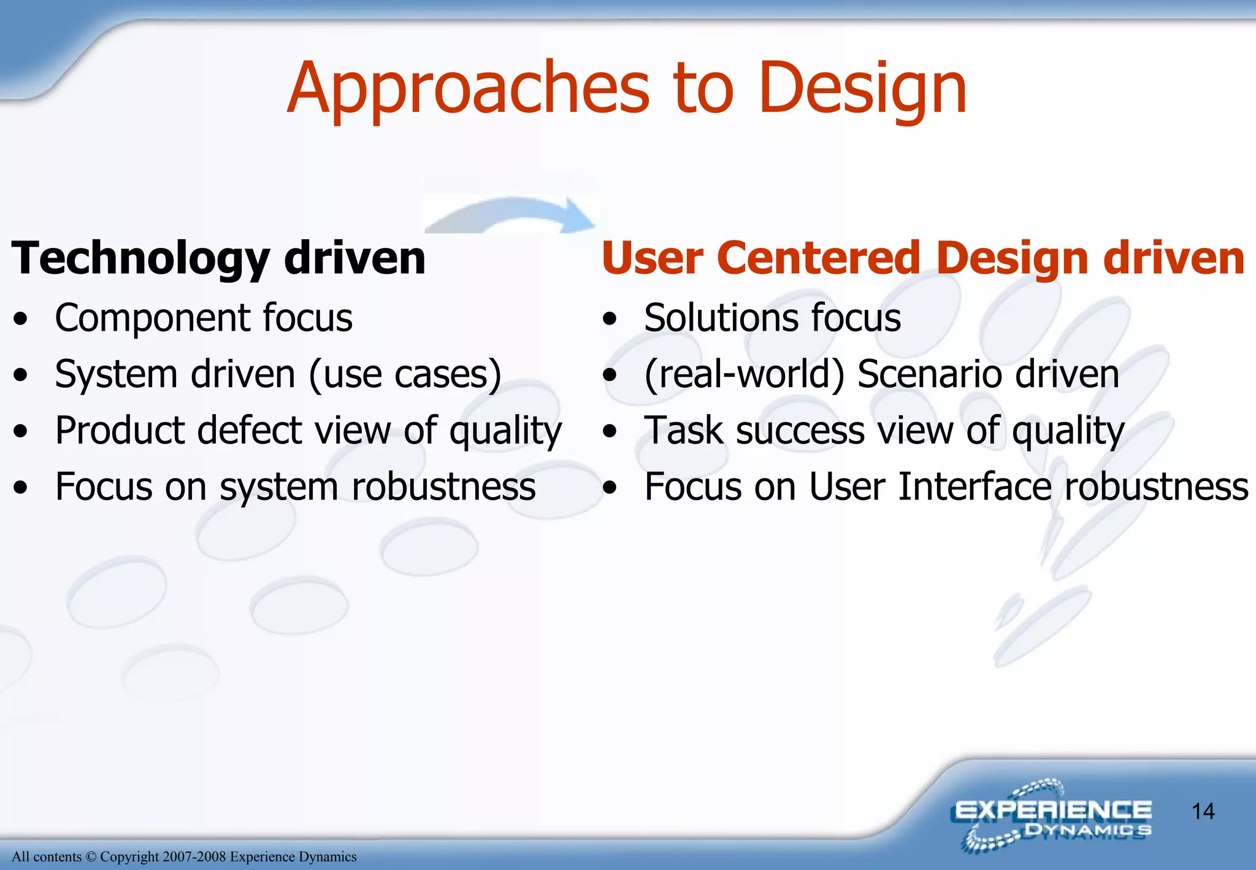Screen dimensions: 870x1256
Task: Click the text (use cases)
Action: [x=405, y=374]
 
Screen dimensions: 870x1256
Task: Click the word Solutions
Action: [x=721, y=318]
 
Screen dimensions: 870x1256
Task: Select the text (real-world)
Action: [x=744, y=374]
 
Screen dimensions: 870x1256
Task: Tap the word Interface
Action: [x=975, y=487]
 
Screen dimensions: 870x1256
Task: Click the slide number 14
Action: [x=1203, y=811]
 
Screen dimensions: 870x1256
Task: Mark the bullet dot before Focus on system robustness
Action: [x=21, y=488]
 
